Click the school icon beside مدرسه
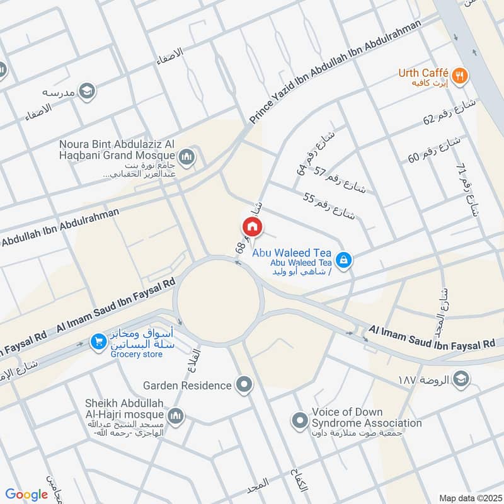tap(87, 91)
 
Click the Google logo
tap(26, 495)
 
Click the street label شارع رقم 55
tap(329, 206)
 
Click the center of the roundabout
tap(219, 301)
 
